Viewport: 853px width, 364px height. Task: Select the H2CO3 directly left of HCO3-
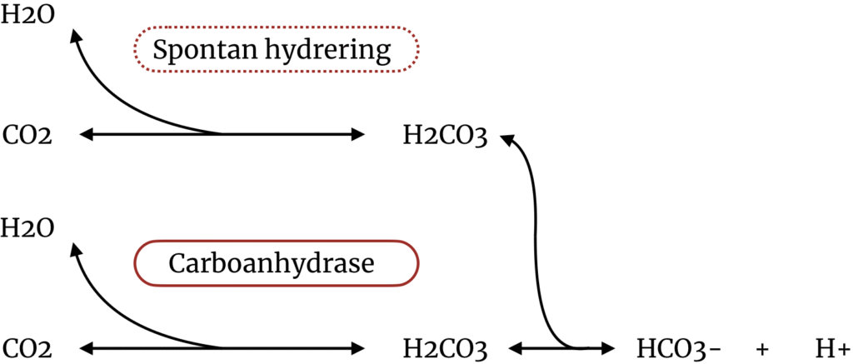(444, 347)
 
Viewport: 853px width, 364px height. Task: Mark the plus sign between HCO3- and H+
(761, 347)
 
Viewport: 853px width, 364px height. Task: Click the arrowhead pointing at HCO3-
(607, 347)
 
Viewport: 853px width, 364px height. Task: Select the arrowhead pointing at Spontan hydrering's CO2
(84, 133)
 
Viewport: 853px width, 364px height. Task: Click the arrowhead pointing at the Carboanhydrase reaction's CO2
(84, 347)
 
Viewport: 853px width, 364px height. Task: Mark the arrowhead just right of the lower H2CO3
(514, 347)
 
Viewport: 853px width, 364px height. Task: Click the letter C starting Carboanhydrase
(177, 264)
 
